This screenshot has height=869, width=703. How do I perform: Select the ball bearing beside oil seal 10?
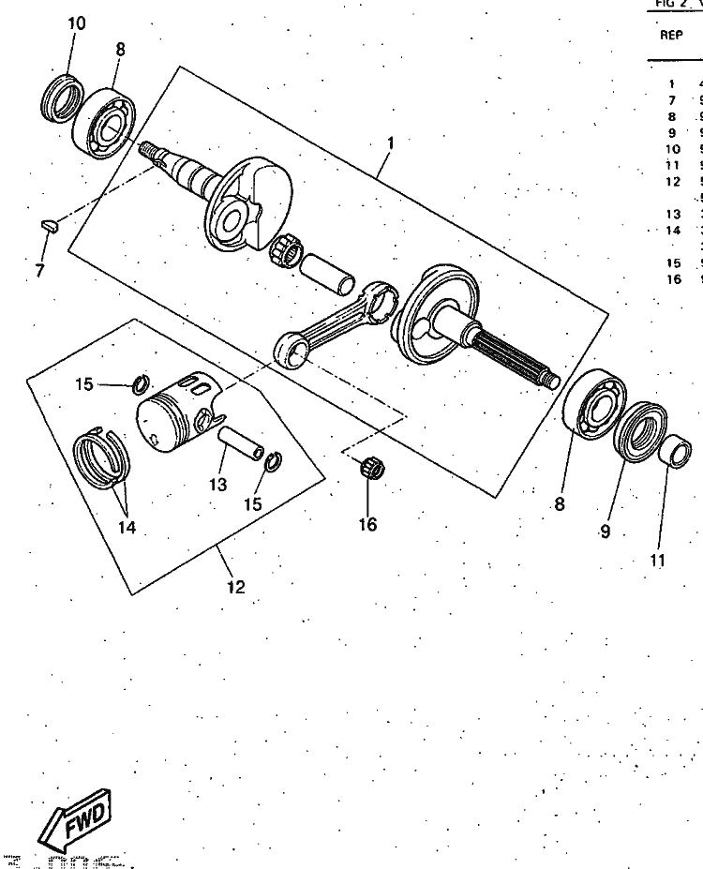[x=105, y=122]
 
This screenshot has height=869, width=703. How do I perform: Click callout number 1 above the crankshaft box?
[x=391, y=143]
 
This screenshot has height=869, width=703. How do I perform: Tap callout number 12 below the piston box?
[x=235, y=587]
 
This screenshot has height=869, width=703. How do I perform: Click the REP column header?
[x=671, y=35]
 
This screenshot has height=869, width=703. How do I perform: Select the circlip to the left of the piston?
[x=141, y=383]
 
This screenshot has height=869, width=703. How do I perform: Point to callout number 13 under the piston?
[x=218, y=485]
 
